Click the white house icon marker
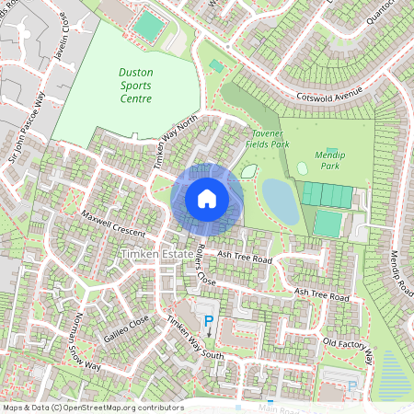point(207,197)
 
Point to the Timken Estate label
point(156,251)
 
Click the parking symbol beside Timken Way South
point(209,322)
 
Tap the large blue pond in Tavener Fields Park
point(280,201)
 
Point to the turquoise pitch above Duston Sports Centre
point(146,26)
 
